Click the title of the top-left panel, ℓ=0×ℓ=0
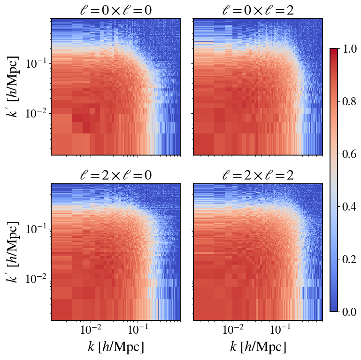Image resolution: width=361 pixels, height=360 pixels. click(116, 10)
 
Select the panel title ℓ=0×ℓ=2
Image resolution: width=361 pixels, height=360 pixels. click(258, 10)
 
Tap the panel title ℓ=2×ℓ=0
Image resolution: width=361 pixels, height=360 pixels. click(116, 175)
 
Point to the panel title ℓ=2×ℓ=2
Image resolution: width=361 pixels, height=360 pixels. click(258, 175)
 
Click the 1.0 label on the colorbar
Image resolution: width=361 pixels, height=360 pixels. click(349, 49)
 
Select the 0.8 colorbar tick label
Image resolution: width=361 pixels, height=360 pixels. click(349, 102)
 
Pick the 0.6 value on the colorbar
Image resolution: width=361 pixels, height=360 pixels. click(349, 154)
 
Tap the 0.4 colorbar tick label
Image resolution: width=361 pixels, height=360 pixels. click(349, 207)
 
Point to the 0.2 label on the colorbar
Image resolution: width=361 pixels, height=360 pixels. click(349, 259)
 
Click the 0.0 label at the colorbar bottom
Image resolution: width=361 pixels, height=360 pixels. click(349, 312)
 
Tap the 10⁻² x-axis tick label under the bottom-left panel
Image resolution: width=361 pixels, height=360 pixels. click(91, 329)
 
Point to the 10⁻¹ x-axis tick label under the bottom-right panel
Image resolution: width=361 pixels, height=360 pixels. click(280, 329)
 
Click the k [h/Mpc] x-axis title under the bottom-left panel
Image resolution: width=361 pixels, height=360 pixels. click(116, 347)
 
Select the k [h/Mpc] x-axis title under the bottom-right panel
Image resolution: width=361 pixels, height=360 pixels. click(258, 347)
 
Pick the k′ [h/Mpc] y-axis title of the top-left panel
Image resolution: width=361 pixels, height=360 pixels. click(12, 86)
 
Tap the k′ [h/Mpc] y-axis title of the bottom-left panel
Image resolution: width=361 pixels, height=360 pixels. click(12, 252)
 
